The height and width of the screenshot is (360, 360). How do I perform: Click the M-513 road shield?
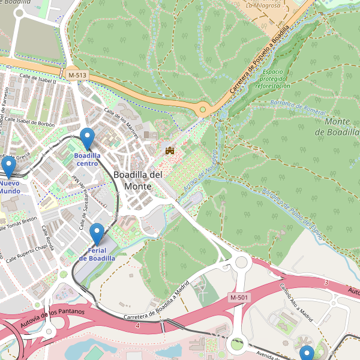[77, 74]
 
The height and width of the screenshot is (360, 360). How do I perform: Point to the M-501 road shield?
[239, 298]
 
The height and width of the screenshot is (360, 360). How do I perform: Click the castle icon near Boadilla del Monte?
[169, 150]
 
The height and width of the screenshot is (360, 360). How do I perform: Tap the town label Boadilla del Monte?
[137, 180]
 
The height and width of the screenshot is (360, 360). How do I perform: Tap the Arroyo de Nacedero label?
[200, 173]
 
